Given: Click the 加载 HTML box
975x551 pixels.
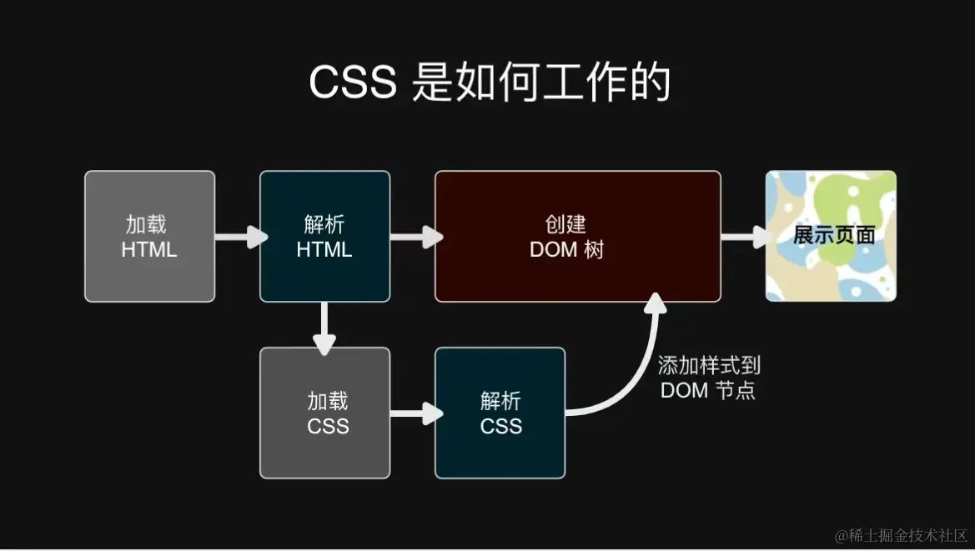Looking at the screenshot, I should pos(149,236).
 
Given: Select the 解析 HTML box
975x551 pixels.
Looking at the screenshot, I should pos(324,236).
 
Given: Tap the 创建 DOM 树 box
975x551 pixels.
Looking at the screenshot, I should pos(577,236).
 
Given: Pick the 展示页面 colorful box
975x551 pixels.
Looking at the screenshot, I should pos(831,236).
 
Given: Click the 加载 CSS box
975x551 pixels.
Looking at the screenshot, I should pos(324,413).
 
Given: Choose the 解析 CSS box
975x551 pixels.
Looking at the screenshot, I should pos(500,413).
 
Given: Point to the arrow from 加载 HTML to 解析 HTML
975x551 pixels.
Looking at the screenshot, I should pos(239,237).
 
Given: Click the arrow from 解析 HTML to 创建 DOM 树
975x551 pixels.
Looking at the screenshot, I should pos(415,237).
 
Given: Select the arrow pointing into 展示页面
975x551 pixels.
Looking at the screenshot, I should pos(744,237).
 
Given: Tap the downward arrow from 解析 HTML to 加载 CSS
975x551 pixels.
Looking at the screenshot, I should pos(324,327).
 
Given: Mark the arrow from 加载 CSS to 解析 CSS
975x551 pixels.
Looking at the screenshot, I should pos(415,413).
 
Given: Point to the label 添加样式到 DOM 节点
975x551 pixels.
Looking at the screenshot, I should pos(709,378).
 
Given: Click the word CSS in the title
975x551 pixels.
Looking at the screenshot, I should pos(353,83).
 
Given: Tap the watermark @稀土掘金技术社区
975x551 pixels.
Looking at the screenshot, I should pos(901,535).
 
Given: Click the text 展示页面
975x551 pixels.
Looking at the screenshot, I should pos(833,236).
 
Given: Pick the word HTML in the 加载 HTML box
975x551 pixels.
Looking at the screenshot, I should pos(149,249).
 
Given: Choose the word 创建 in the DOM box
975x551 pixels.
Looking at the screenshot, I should pos(566,224).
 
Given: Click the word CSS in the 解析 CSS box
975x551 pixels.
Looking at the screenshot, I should pos(501,426).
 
